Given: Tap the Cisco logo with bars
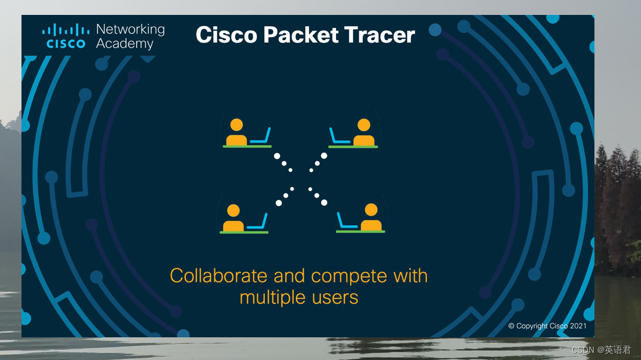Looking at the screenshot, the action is [x=66, y=36].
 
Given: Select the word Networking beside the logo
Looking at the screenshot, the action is [x=130, y=29].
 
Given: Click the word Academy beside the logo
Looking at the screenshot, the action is [x=125, y=44].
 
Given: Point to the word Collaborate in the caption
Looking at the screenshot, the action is [x=218, y=276].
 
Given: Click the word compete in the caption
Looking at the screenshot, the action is [x=349, y=276].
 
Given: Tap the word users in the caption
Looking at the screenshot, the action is [x=337, y=297].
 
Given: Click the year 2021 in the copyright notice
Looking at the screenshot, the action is [x=578, y=326].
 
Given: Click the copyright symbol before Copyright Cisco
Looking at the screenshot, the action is [x=511, y=326].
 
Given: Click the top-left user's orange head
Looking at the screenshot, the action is [x=237, y=125].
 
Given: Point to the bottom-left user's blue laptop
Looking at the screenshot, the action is [x=257, y=221].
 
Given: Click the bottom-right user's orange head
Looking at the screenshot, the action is [x=371, y=210].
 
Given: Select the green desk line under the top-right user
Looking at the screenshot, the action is [x=353, y=146].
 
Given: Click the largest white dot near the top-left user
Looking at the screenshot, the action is [x=277, y=156].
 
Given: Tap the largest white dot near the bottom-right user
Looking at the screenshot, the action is [x=324, y=202].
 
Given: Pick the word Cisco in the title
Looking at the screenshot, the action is [x=227, y=35].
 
